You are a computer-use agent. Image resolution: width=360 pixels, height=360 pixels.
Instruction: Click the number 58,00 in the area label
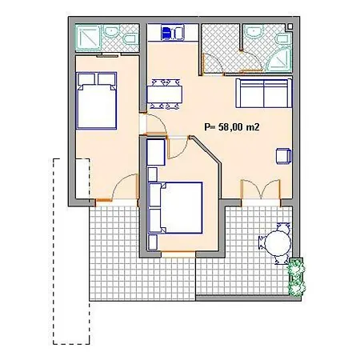230,127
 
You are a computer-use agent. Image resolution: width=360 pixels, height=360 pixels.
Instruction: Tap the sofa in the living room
263,93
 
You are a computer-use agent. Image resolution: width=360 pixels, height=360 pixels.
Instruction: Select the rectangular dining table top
165,94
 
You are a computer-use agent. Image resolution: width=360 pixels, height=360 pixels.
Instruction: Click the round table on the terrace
278,242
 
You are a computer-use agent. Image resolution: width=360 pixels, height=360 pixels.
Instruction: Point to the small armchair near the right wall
283,156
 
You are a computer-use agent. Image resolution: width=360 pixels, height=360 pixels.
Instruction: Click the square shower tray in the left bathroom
88,38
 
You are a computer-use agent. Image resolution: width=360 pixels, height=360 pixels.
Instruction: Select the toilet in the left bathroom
130,39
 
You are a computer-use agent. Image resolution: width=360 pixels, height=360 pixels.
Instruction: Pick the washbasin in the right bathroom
254,31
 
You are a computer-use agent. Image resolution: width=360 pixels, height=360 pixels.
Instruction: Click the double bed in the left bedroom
96,101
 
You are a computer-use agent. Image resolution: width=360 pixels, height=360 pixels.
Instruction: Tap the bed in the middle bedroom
175,208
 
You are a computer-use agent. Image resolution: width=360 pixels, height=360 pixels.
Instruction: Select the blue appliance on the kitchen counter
166,33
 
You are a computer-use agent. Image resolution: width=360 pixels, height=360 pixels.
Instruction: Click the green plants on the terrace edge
296,277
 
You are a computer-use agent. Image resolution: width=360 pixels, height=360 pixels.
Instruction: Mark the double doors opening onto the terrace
261,190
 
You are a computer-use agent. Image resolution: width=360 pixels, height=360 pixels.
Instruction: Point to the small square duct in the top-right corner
290,26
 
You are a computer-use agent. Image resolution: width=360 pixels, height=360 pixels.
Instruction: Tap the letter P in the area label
207,127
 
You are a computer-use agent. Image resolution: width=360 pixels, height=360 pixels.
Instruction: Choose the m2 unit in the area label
252,127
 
